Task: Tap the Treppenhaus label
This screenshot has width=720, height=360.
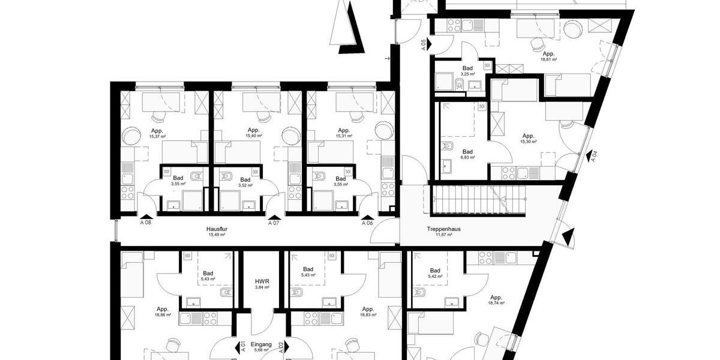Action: [x=443, y=229]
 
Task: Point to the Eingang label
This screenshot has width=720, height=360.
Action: [x=262, y=344]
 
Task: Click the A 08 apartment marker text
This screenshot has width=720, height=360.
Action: [x=146, y=223]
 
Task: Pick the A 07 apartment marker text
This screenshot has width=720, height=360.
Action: [x=274, y=223]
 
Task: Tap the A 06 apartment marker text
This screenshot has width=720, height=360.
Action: [x=367, y=223]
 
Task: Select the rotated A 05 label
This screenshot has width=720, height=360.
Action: [x=424, y=44]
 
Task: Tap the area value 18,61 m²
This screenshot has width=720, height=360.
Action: [x=549, y=60]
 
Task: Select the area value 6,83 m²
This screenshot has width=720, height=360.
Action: [x=467, y=158]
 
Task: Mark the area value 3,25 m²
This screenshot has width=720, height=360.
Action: [x=467, y=74]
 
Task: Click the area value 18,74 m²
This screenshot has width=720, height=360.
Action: [x=496, y=304]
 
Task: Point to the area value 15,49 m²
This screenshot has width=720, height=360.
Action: [x=217, y=235]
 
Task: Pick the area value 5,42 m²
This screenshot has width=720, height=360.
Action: [x=436, y=277]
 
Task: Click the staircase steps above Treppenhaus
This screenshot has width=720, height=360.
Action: [x=480, y=200]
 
